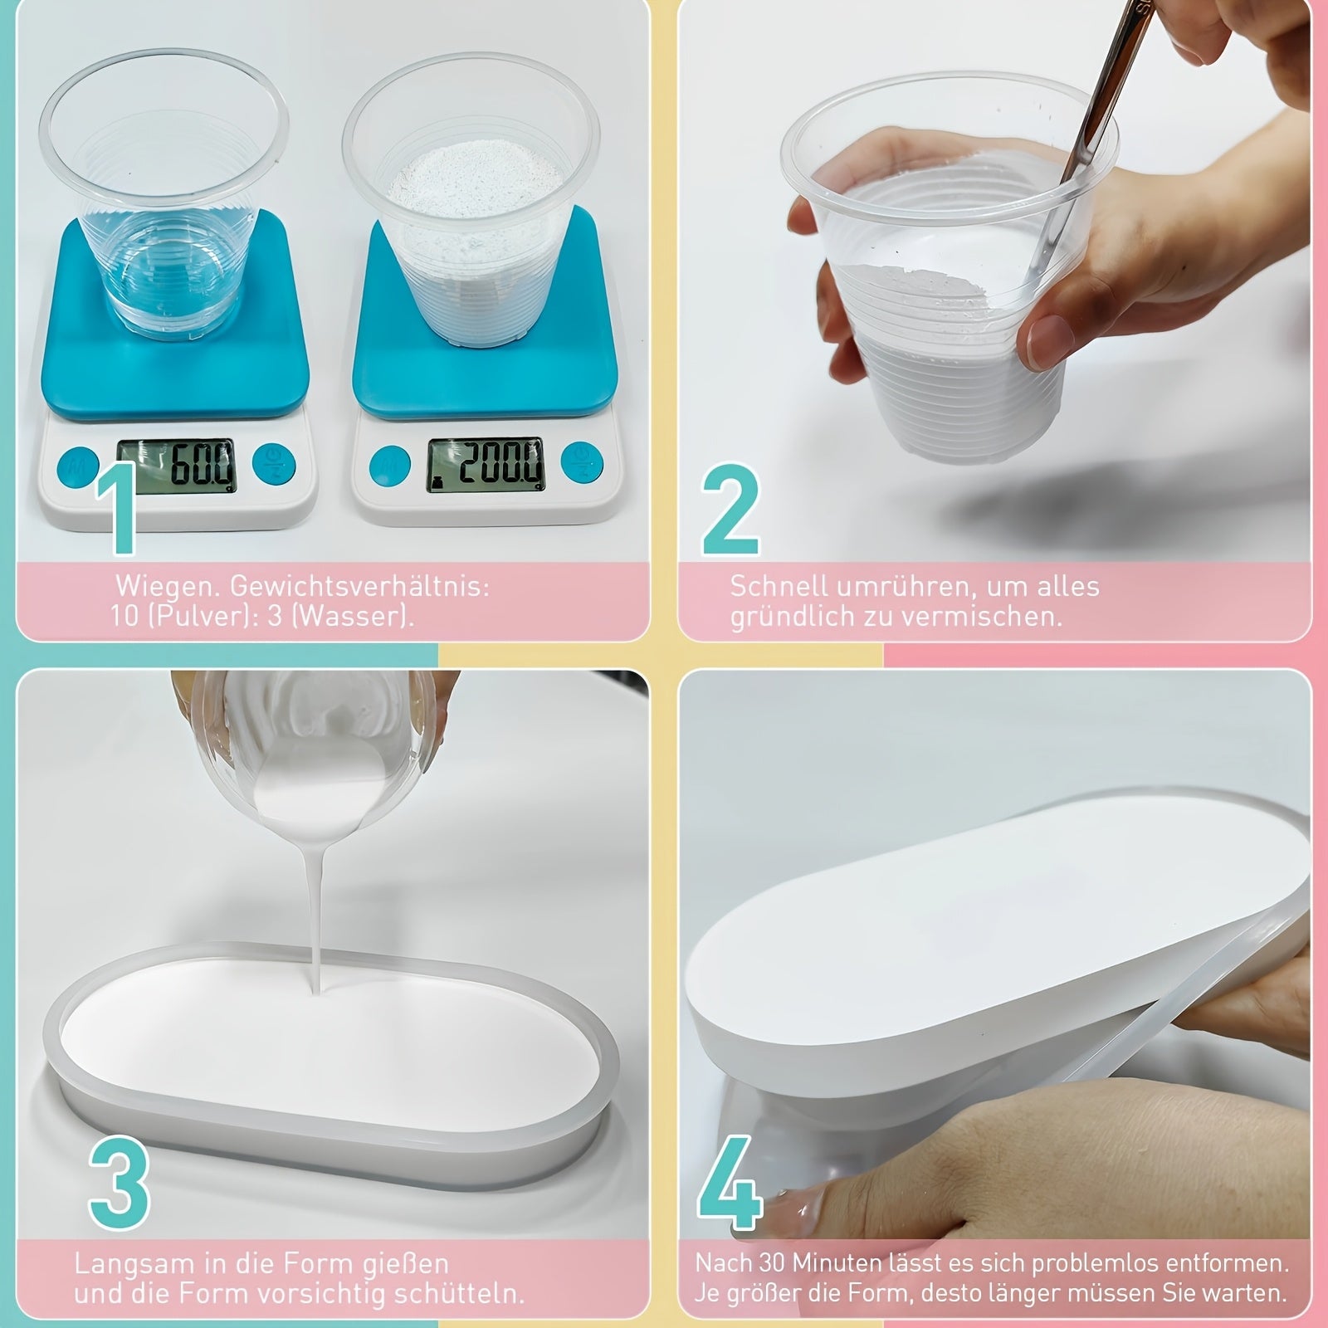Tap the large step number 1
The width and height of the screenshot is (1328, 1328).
tap(117, 507)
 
